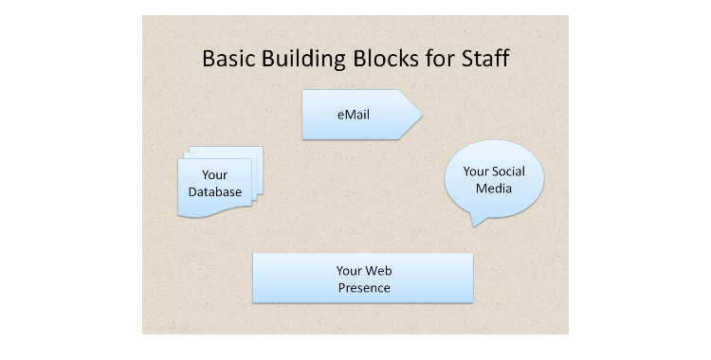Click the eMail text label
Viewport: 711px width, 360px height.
pyautogui.click(x=353, y=116)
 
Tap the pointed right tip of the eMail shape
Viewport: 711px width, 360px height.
pyautogui.click(x=420, y=116)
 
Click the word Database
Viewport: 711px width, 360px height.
pyautogui.click(x=214, y=192)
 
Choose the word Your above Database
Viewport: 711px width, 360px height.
pyautogui.click(x=215, y=175)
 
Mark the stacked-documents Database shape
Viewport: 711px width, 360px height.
pyautogui.click(x=218, y=204)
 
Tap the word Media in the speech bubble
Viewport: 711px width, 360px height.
pyautogui.click(x=494, y=189)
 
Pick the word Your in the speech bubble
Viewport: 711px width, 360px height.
pyautogui.click(x=475, y=171)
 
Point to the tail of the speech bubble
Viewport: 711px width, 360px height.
pyautogui.click(x=476, y=221)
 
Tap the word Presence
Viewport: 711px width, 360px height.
pyautogui.click(x=363, y=287)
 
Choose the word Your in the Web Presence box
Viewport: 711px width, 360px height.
pyautogui.click(x=350, y=271)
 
